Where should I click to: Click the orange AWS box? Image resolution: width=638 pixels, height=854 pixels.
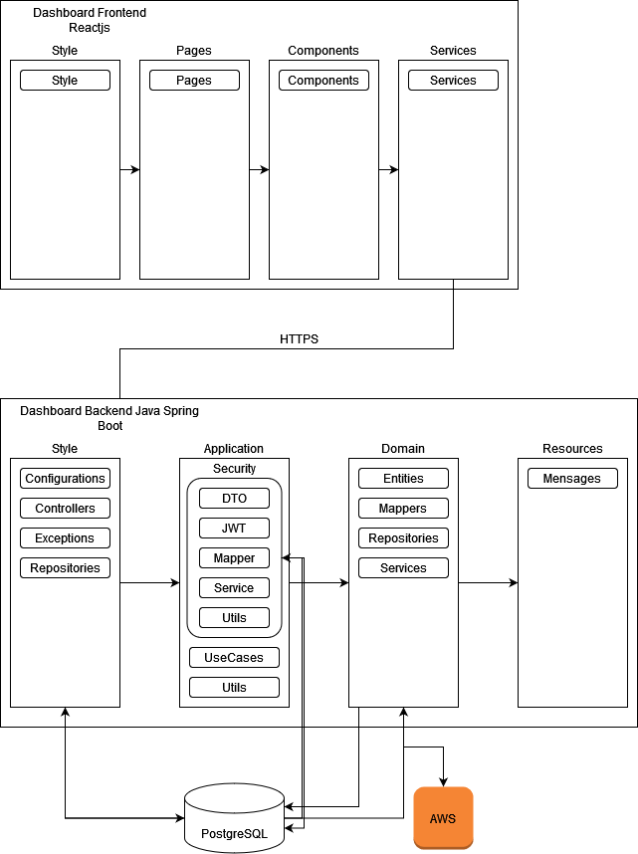[443, 817]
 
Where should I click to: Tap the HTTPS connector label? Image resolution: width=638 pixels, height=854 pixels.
[299, 339]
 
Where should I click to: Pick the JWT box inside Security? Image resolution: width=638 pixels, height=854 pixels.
[234, 529]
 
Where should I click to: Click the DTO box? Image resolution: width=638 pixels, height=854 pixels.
[234, 499]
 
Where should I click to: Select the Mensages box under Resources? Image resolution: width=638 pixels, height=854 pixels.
[572, 479]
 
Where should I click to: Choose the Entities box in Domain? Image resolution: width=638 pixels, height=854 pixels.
[403, 479]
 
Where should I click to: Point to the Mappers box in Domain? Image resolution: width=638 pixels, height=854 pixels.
[403, 509]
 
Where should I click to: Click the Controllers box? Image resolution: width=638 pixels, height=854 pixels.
[65, 509]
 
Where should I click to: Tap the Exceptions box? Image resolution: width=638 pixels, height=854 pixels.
[65, 538]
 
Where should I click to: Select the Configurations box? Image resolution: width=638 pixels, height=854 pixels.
[65, 479]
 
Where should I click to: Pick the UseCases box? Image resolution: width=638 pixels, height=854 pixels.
[234, 658]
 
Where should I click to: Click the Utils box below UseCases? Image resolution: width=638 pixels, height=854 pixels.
[234, 688]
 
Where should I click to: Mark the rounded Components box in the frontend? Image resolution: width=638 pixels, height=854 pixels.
[323, 81]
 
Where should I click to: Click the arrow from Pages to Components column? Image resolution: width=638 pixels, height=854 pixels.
[259, 169]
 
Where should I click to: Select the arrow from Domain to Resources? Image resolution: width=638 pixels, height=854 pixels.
[488, 582]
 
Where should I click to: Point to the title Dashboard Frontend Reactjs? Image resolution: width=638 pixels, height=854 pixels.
[90, 20]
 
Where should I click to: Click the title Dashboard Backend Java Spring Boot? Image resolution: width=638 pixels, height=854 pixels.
[109, 417]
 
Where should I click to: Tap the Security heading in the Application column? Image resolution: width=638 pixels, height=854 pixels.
[234, 468]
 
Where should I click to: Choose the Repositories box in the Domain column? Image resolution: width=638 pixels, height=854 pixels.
[403, 538]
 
